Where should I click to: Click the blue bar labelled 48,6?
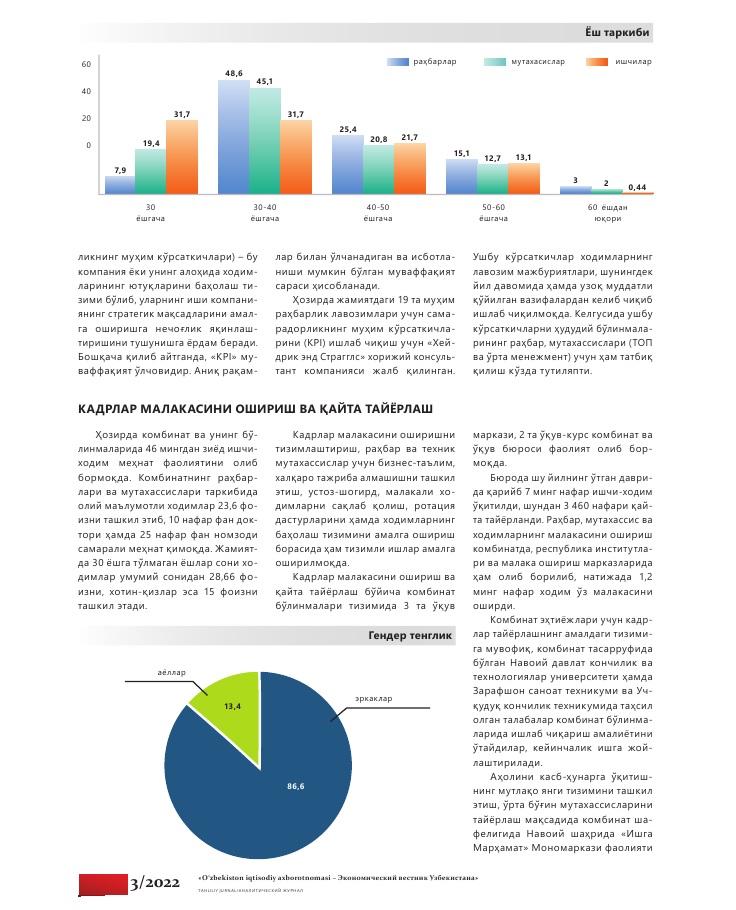point(234,136)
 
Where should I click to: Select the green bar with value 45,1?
point(265,140)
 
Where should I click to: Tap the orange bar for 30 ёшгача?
point(182,156)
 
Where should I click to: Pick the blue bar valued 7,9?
point(120,185)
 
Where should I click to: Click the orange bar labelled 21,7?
point(409,168)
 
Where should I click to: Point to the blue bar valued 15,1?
point(461,176)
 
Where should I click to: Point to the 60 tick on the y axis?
point(86,64)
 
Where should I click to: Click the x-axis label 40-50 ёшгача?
point(376,212)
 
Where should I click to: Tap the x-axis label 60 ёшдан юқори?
point(607,212)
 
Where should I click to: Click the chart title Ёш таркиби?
point(620,33)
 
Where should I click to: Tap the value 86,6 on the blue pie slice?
point(295,787)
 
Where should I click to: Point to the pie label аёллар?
point(171,672)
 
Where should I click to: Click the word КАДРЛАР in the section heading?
point(109,409)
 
